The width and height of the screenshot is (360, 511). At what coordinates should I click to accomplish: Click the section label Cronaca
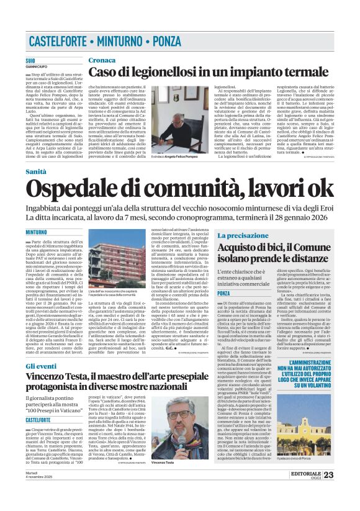click(x=101, y=60)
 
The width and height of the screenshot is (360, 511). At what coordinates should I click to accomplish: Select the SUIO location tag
click(x=30, y=61)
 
